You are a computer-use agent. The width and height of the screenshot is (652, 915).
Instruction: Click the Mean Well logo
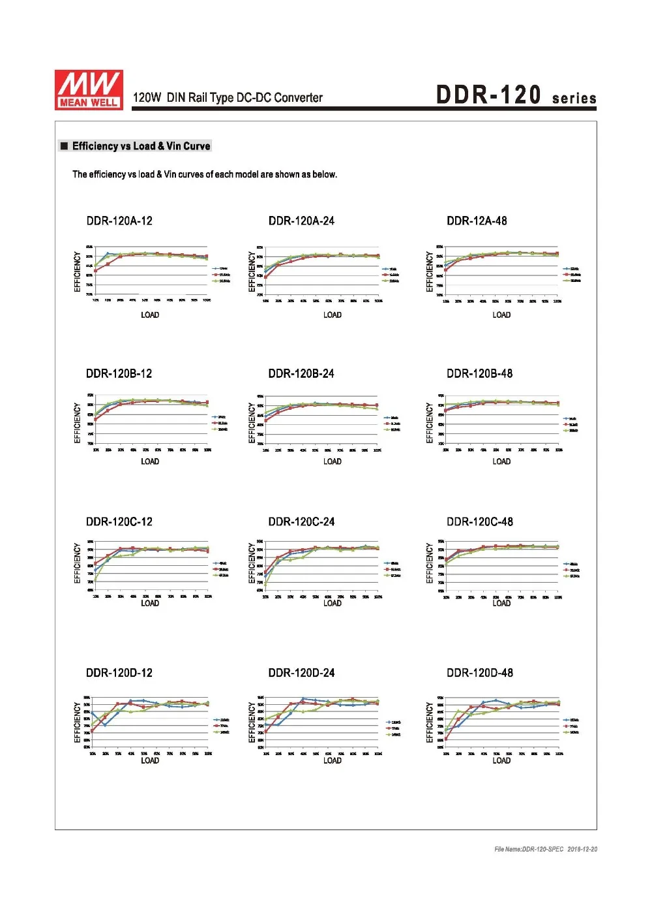tap(89, 89)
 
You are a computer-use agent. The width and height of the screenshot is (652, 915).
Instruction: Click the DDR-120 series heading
tap(516, 95)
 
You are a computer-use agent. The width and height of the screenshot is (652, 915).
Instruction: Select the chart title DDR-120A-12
tap(119, 221)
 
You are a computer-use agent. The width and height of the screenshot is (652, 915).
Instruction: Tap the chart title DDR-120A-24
tap(301, 221)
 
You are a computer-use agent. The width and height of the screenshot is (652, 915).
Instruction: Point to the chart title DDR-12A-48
tap(477, 221)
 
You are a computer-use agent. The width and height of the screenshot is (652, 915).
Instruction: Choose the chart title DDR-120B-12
tap(119, 373)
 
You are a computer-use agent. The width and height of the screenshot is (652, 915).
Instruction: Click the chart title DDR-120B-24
tap(301, 373)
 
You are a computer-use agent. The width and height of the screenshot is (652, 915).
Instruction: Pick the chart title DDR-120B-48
tap(479, 373)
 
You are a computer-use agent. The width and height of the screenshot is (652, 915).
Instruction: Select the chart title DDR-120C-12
tap(119, 521)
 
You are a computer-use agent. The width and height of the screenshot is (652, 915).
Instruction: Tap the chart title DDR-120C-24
tap(301, 521)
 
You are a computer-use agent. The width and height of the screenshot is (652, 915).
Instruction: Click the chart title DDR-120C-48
tap(479, 521)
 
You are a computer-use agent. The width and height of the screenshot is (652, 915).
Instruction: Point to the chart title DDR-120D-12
tap(119, 672)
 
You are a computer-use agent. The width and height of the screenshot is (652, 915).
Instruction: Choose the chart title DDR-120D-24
tap(301, 672)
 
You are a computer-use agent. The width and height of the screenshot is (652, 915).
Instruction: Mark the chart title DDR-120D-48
tap(479, 672)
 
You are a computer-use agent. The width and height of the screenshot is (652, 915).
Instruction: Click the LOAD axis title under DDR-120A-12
tap(150, 315)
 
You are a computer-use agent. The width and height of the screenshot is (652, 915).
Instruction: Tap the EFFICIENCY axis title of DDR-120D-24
tap(252, 722)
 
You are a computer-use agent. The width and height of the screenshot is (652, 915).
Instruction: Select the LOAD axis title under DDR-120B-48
tap(501, 461)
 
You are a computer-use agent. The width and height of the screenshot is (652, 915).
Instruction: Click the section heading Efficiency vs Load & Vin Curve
tap(141, 146)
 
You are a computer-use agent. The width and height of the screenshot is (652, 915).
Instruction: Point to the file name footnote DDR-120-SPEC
tap(546, 849)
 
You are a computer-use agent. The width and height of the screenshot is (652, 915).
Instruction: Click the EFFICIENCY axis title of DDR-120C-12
tap(78, 563)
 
